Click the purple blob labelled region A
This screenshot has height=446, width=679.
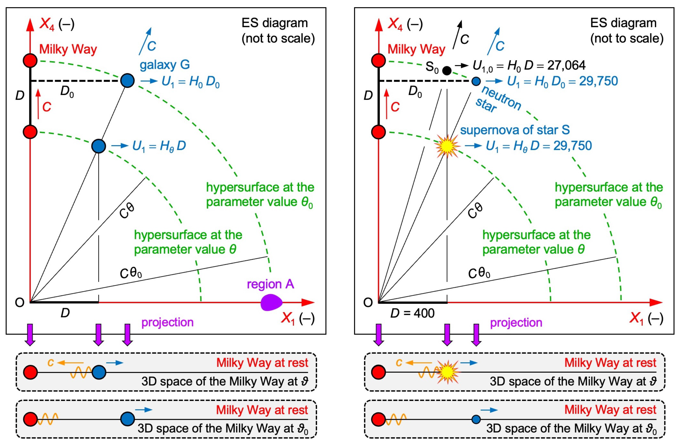(x=271, y=303)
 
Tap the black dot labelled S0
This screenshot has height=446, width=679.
(x=447, y=70)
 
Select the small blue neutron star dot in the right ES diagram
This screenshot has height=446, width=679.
(x=476, y=81)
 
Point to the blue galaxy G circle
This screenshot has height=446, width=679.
(x=127, y=81)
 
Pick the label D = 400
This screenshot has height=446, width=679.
(x=412, y=313)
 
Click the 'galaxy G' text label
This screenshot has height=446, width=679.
(x=165, y=65)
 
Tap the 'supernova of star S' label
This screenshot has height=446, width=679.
(x=515, y=130)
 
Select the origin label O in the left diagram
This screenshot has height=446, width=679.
(x=19, y=303)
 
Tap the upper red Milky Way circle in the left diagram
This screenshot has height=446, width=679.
(x=30, y=61)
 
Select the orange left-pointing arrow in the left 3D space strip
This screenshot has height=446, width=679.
(x=70, y=363)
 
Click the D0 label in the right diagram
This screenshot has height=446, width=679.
(x=415, y=92)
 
